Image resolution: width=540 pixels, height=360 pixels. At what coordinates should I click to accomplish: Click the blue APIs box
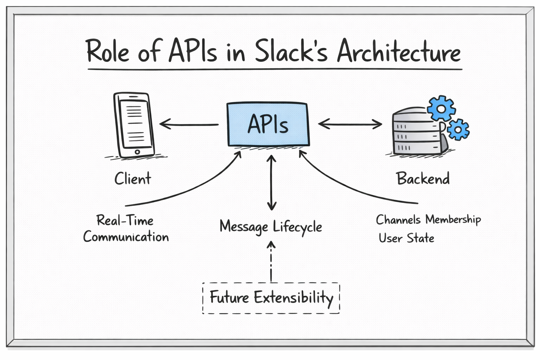click(268, 124)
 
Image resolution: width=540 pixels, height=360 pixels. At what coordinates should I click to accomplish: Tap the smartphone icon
click(134, 125)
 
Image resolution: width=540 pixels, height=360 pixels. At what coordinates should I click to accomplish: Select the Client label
click(133, 179)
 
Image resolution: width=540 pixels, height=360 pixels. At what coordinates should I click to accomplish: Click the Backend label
click(423, 179)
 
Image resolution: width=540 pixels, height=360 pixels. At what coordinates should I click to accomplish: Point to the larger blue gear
click(441, 108)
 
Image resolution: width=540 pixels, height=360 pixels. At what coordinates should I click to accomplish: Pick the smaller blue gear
click(458, 129)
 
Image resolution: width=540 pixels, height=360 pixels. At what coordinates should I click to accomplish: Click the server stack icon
click(417, 132)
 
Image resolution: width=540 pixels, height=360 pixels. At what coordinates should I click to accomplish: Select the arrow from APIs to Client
click(189, 124)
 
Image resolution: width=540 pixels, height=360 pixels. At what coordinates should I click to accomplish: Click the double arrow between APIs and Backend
click(350, 124)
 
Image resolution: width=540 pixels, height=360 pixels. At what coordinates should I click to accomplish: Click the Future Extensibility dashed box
click(271, 298)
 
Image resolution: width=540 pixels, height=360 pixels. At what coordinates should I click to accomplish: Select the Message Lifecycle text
click(271, 227)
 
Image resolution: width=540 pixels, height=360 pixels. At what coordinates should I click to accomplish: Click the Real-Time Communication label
click(126, 229)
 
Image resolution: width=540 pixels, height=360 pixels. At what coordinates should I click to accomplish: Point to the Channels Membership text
click(428, 220)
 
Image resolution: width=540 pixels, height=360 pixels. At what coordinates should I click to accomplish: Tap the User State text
click(406, 238)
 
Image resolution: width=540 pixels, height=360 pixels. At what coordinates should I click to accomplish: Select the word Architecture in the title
click(398, 52)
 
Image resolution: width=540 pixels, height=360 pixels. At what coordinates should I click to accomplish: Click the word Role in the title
click(108, 52)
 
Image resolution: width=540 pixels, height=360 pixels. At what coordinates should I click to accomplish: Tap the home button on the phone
click(137, 152)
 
